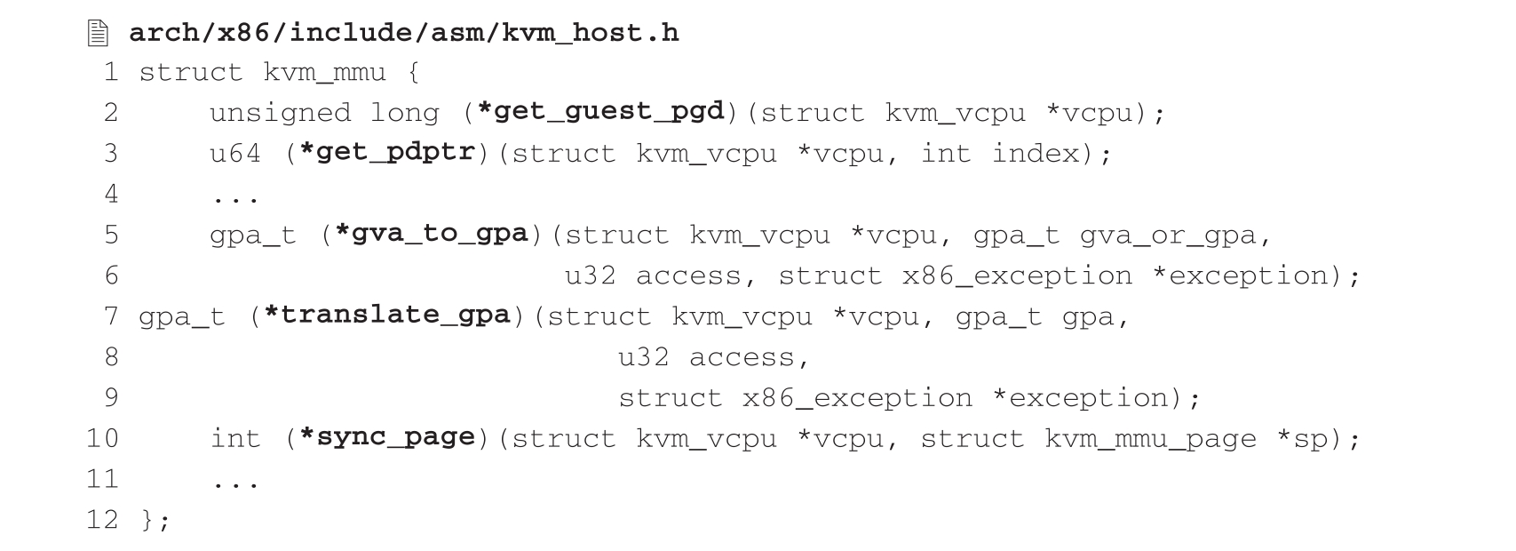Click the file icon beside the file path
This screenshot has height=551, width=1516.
pyautogui.click(x=98, y=34)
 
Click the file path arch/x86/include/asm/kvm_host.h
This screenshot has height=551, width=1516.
pyautogui.click(x=404, y=34)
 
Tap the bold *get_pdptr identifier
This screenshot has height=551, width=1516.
pyautogui.click(x=387, y=153)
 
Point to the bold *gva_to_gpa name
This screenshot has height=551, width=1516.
pyautogui.click(x=432, y=235)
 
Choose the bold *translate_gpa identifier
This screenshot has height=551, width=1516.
pyautogui.click(x=387, y=315)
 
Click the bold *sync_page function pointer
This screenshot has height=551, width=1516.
pyautogui.click(x=387, y=438)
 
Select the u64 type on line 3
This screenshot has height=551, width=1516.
pyautogui.click(x=235, y=154)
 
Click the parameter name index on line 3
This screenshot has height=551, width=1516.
pyautogui.click(x=1036, y=154)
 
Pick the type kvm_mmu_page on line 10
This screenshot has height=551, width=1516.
pyautogui.click(x=1151, y=439)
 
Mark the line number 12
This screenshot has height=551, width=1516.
pyautogui.click(x=102, y=519)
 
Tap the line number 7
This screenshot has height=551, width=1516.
pyautogui.click(x=111, y=316)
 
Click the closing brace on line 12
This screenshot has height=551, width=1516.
pyautogui.click(x=147, y=520)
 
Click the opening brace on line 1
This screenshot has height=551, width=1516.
pyautogui.click(x=414, y=72)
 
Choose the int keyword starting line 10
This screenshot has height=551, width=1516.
pyautogui.click(x=235, y=439)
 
